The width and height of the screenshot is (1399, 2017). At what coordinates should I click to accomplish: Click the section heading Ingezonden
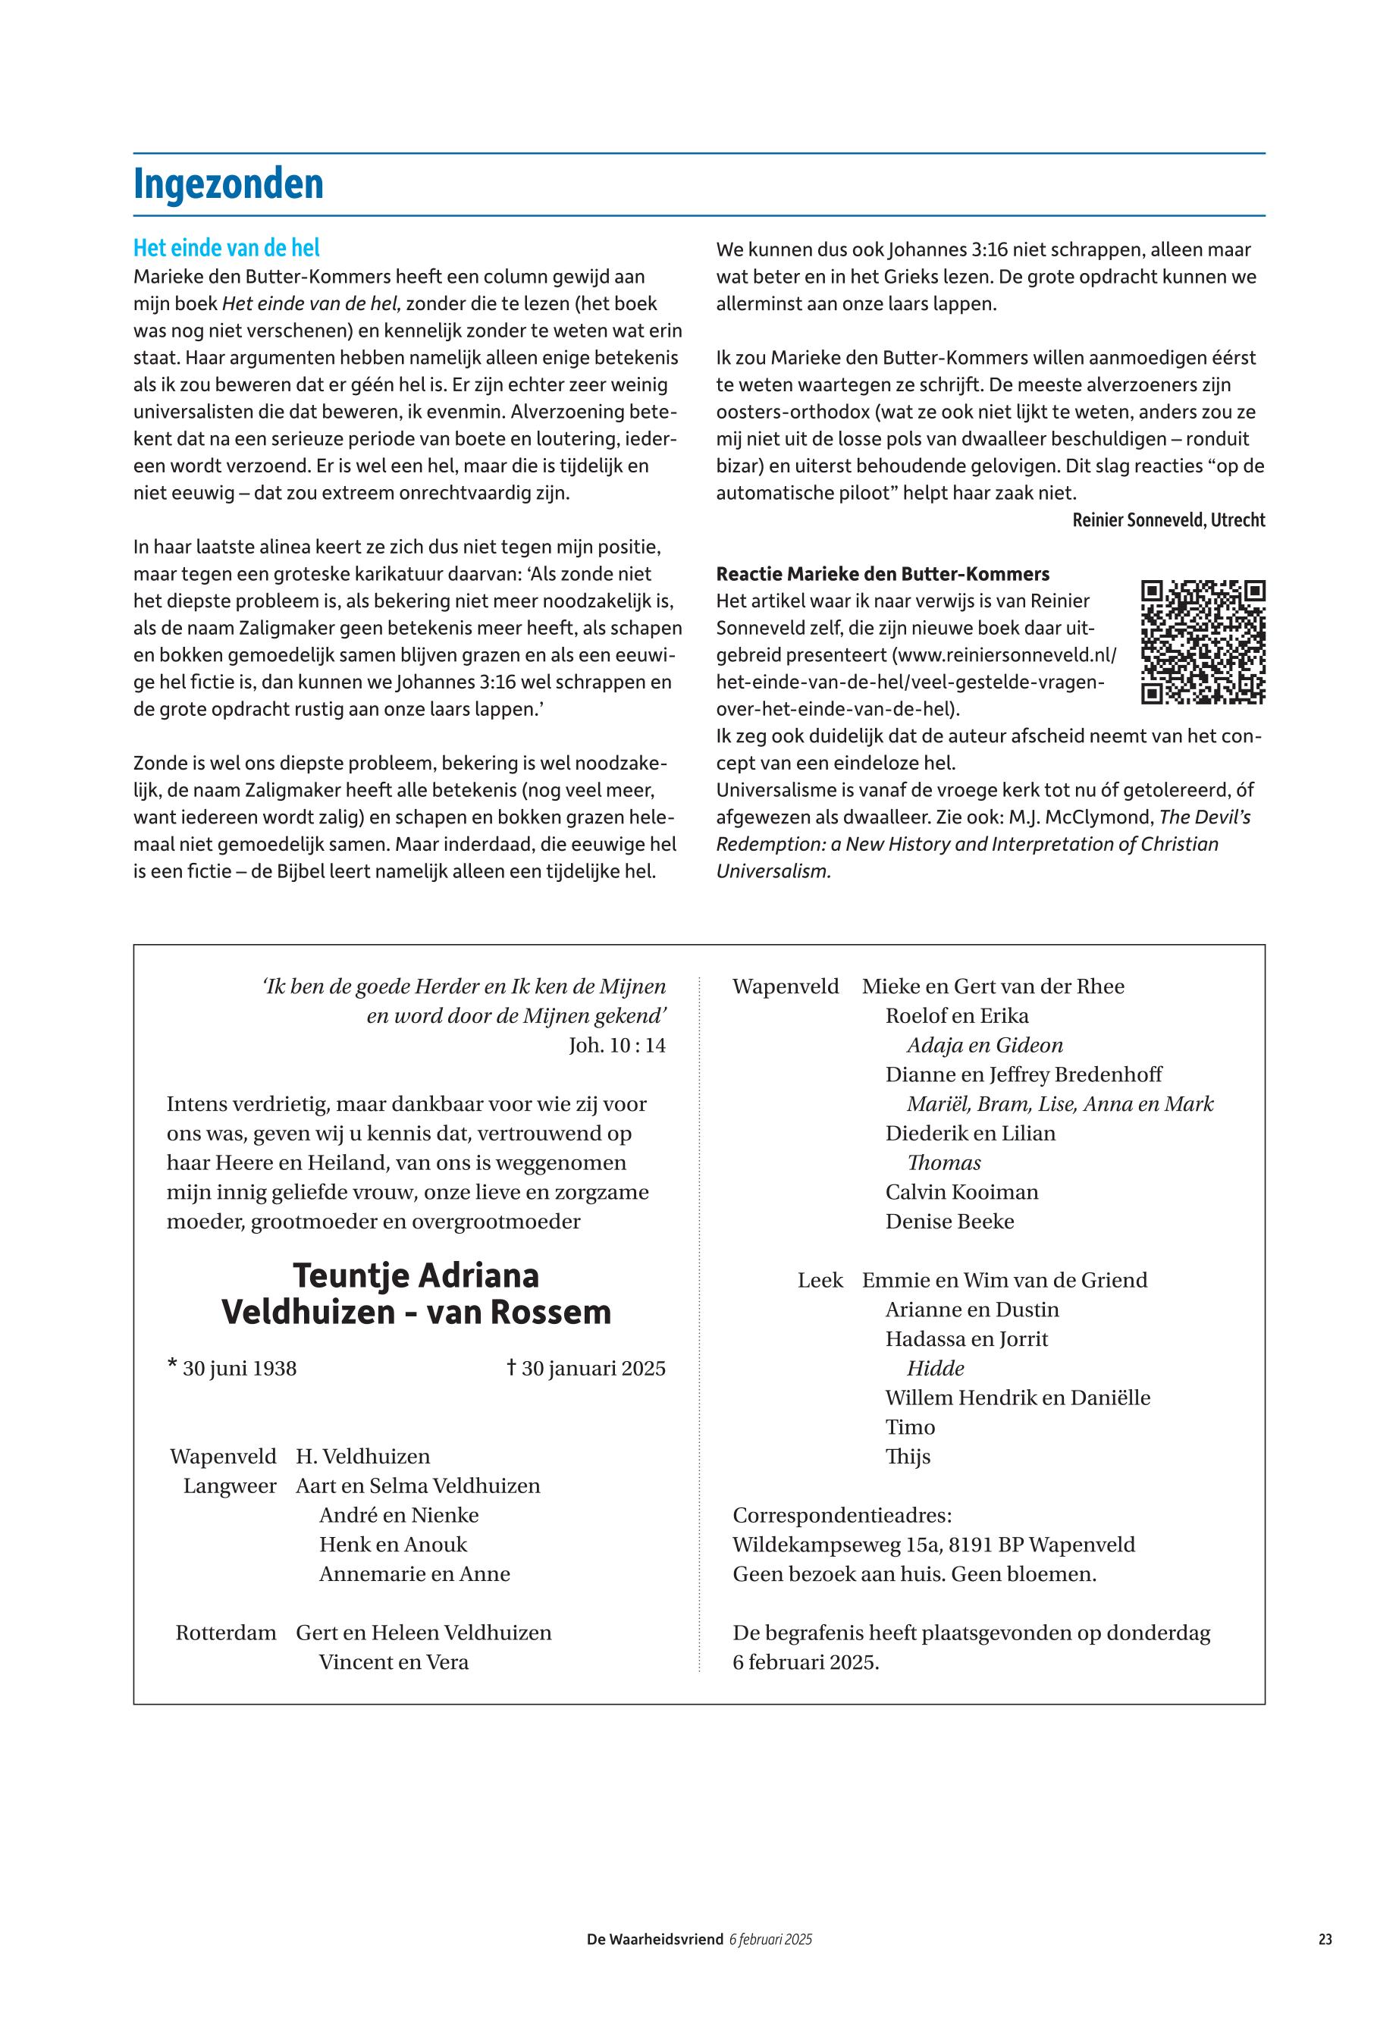(x=228, y=185)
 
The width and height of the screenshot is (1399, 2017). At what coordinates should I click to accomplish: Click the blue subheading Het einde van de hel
(x=226, y=248)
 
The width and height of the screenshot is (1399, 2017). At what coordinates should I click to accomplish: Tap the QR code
(x=1203, y=641)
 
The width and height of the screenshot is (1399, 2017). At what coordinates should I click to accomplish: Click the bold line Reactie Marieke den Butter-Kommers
(x=882, y=574)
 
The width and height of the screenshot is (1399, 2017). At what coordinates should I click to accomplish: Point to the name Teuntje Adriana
(x=416, y=1275)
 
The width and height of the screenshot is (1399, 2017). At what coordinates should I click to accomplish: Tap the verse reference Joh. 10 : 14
(x=616, y=1045)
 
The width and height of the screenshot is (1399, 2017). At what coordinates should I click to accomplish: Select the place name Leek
(x=820, y=1280)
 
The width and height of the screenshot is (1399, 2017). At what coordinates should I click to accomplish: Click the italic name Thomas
(x=943, y=1162)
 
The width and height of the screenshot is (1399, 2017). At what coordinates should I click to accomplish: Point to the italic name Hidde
(x=935, y=1369)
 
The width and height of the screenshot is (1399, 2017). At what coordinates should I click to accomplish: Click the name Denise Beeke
(x=949, y=1221)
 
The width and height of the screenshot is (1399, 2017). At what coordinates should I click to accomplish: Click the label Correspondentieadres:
(x=842, y=1515)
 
